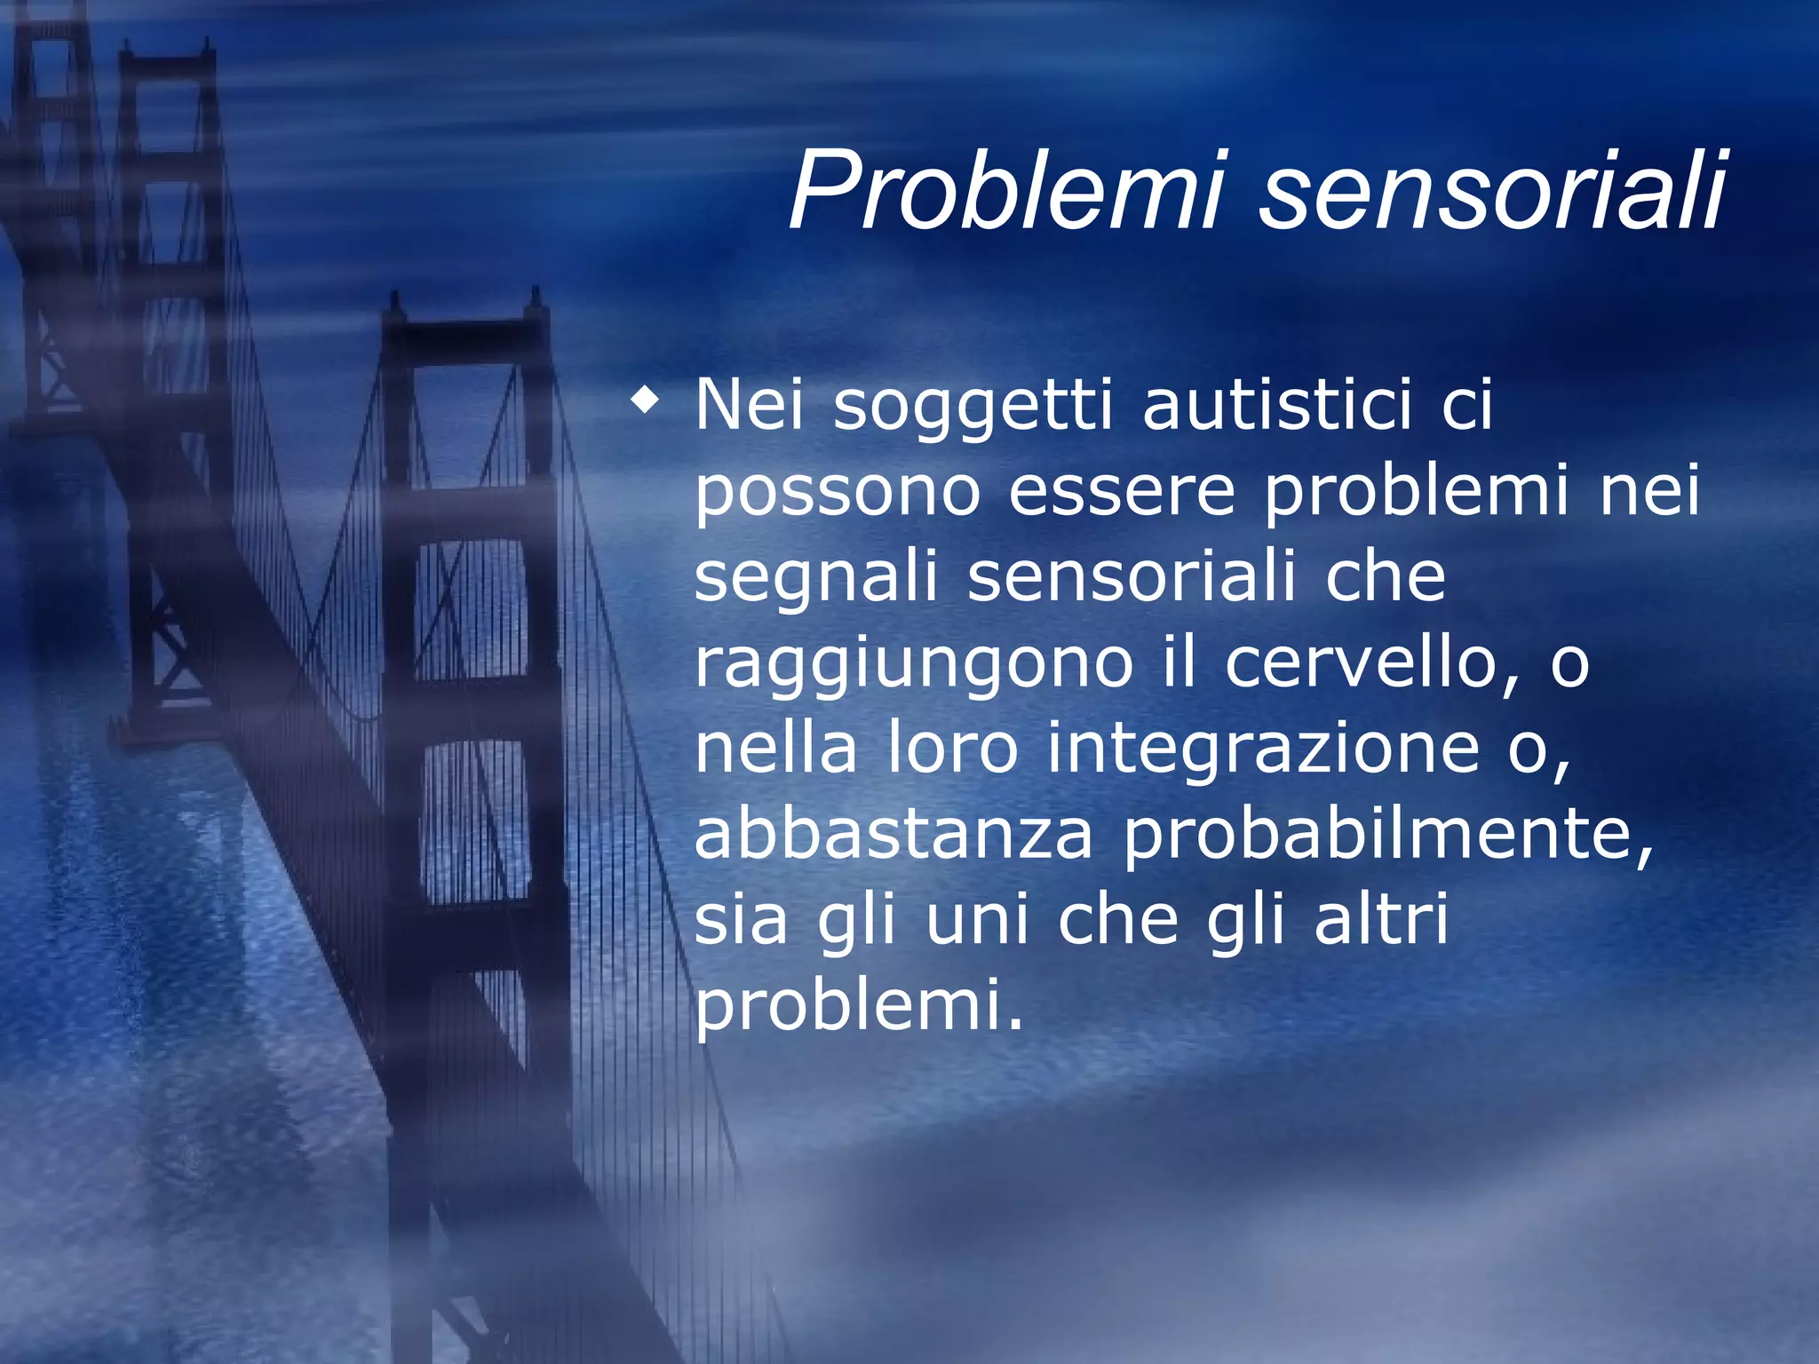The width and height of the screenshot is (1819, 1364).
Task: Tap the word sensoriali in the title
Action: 1492,191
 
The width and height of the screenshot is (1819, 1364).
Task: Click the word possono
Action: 838,493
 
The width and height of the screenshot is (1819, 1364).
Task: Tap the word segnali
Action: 816,579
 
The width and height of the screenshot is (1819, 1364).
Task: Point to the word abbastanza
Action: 894,834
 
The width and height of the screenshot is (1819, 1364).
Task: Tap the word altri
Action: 1381,919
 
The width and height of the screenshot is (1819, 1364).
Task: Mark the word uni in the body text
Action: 977,921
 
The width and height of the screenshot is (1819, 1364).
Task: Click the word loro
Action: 952,748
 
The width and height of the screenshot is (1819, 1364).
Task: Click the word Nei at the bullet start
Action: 750,405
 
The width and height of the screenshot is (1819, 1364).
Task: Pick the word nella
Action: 775,748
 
